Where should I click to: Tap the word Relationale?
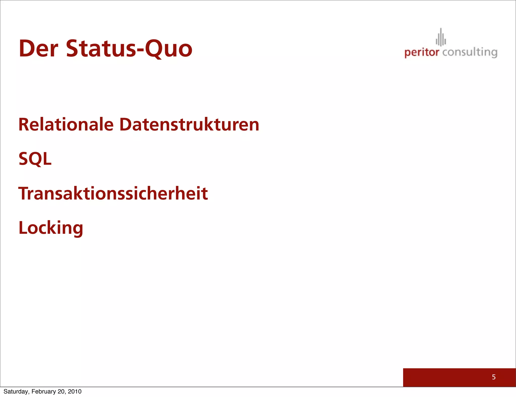pos(66,124)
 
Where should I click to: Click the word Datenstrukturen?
pos(189,124)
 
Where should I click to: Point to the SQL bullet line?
pos(35,159)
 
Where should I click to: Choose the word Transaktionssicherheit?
pos(113,193)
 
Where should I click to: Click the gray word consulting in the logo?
pos(470,52)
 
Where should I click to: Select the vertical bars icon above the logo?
pos(441,38)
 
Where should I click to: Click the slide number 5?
pos(494,377)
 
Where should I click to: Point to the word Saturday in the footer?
pos(16,391)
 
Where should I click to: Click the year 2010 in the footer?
pos(75,391)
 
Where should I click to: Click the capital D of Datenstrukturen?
pos(126,124)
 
